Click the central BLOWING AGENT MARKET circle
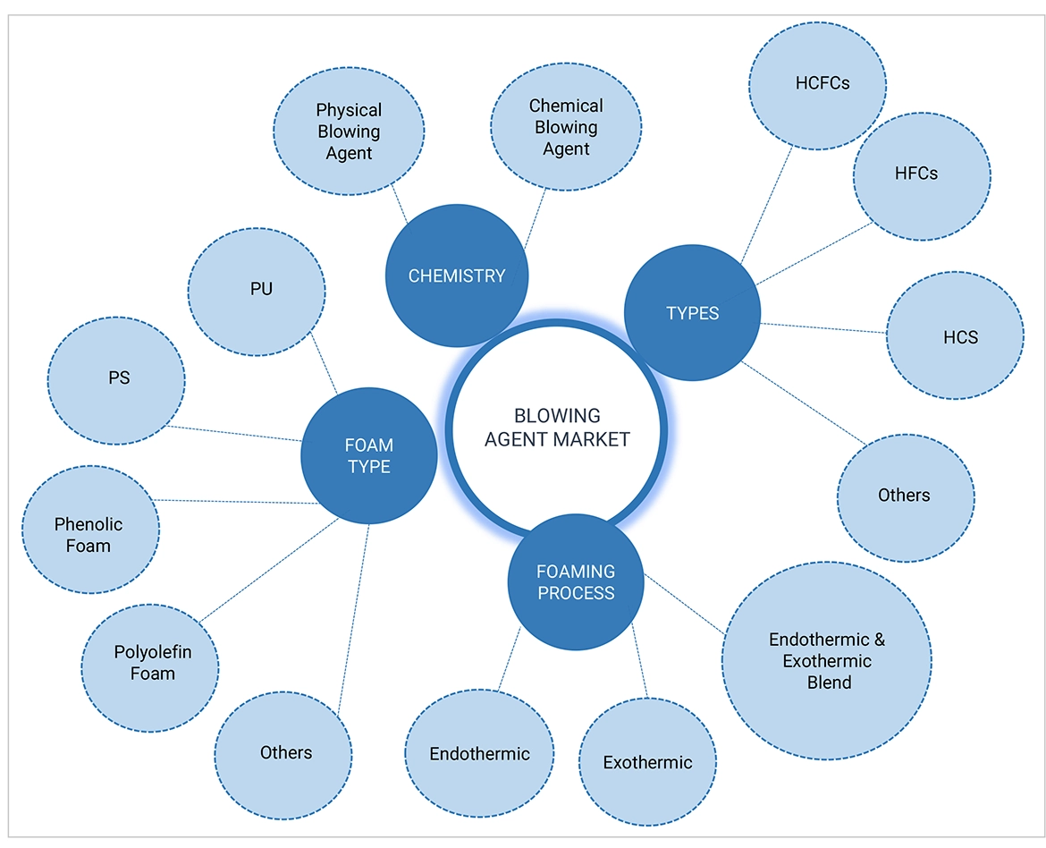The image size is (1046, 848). click(558, 428)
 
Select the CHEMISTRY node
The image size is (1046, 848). click(457, 276)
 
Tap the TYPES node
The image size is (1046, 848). click(692, 313)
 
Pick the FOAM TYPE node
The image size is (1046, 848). click(369, 455)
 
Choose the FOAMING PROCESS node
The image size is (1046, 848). click(576, 582)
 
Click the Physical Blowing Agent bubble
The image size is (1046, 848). click(349, 131)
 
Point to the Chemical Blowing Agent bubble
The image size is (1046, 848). click(566, 127)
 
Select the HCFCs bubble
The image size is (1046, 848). click(822, 83)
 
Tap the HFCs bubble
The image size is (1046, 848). click(921, 174)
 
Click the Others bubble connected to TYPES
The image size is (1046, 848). click(905, 496)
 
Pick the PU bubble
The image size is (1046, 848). click(261, 289)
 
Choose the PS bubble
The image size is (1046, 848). click(118, 378)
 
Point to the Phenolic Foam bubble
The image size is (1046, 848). click(89, 535)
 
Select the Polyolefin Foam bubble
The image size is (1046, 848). click(151, 663)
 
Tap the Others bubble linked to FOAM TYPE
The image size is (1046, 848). click(286, 752)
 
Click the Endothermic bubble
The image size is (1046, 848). click(479, 753)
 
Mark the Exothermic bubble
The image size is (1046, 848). click(647, 763)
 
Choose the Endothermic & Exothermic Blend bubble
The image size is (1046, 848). click(826, 661)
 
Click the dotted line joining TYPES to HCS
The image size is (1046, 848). click(822, 328)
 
